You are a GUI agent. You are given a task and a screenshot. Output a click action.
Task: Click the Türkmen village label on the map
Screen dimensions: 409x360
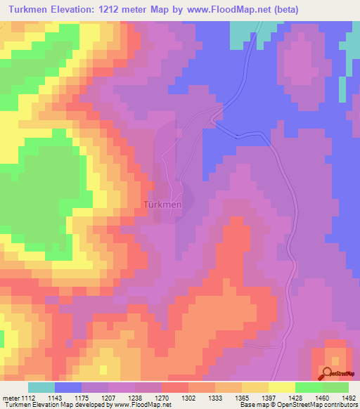162,204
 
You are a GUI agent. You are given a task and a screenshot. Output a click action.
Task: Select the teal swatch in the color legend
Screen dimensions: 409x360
41,388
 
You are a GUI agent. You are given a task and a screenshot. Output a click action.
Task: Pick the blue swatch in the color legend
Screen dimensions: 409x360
68,388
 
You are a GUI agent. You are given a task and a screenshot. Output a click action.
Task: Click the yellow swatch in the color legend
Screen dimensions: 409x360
281,388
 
